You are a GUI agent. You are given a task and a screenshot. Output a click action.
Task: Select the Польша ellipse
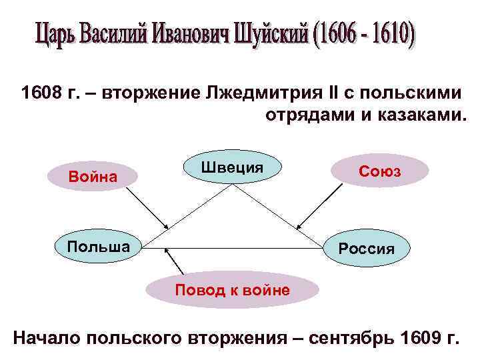pos(99,247)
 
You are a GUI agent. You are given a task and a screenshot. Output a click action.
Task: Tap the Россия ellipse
pos(366,248)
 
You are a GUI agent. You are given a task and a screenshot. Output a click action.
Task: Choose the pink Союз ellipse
pos(379,171)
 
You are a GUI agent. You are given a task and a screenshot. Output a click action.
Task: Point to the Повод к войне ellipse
pos(231,290)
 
